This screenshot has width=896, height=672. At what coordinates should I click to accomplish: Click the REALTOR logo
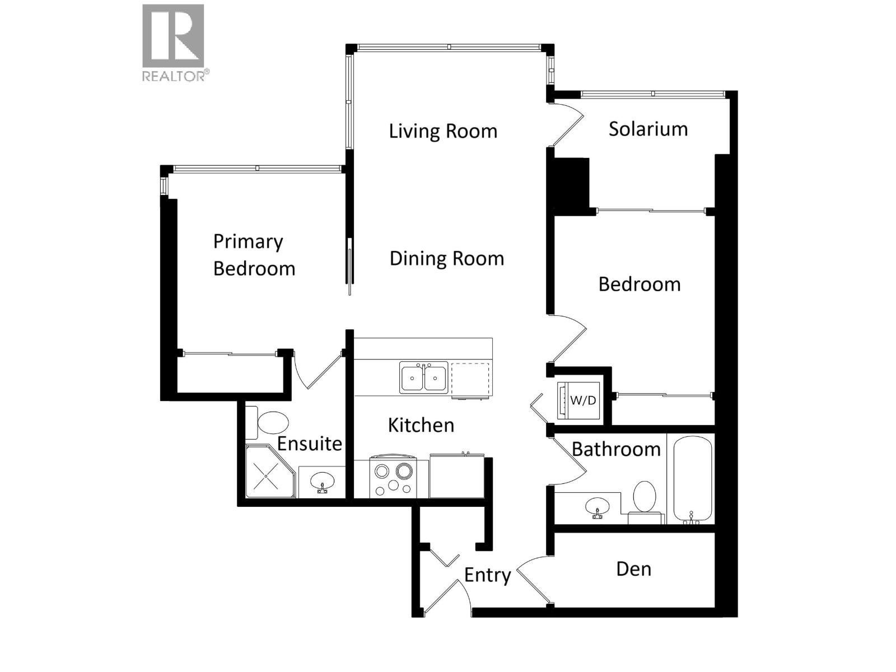[x=173, y=43]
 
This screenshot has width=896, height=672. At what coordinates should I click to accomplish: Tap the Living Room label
[x=443, y=131]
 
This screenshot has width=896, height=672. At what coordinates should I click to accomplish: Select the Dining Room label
[x=446, y=258]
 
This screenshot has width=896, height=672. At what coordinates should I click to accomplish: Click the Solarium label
[x=648, y=129]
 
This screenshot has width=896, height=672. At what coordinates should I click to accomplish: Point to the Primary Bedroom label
[x=254, y=255]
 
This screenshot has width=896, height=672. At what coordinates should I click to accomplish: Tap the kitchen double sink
[x=423, y=377]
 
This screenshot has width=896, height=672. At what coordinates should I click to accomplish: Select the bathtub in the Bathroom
[x=692, y=479]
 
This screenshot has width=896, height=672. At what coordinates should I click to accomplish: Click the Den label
[x=633, y=569]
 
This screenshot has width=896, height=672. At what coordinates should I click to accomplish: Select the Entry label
[x=487, y=575]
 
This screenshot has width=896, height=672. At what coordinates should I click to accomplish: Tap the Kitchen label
[x=421, y=425]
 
